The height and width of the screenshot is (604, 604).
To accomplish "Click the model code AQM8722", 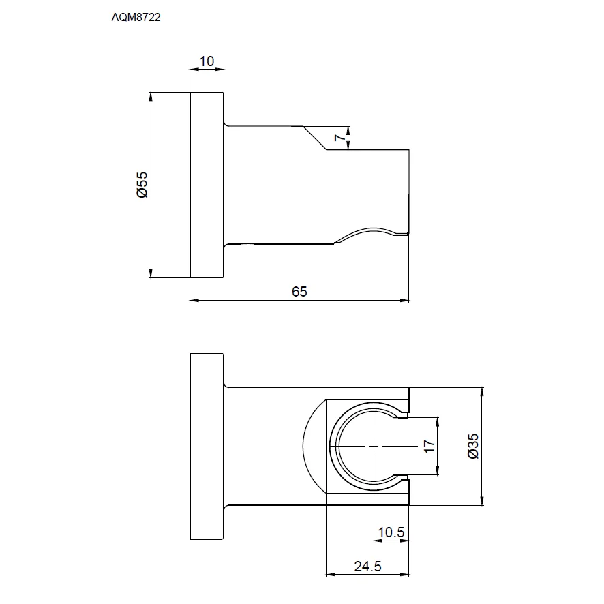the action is pyautogui.click(x=136, y=17).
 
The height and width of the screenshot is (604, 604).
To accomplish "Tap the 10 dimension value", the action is pyautogui.click(x=207, y=61).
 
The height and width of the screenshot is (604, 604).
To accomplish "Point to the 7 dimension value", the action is pyautogui.click(x=339, y=137).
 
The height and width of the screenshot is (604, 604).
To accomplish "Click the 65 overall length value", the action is pyautogui.click(x=299, y=292).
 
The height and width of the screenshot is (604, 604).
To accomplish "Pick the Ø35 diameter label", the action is pyautogui.click(x=473, y=446).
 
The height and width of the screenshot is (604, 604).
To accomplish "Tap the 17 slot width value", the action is pyautogui.click(x=429, y=447).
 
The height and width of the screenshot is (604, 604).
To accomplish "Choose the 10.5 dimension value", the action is pyautogui.click(x=391, y=532).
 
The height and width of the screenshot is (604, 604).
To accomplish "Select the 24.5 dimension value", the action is pyautogui.click(x=368, y=567).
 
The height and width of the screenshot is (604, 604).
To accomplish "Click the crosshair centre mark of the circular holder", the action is pyautogui.click(x=374, y=447).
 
